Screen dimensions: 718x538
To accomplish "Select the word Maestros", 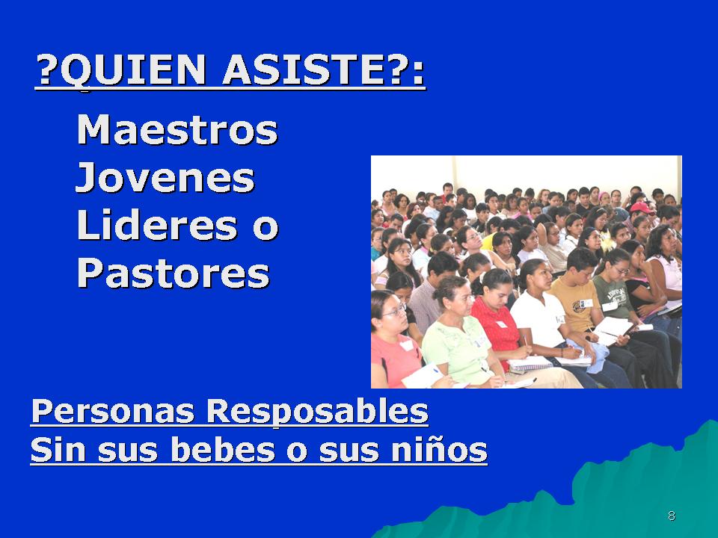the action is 177,130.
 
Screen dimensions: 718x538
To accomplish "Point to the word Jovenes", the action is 165,178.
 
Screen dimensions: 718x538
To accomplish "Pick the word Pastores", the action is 173,273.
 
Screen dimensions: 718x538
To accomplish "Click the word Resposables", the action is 317,412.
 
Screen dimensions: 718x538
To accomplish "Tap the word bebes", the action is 223,449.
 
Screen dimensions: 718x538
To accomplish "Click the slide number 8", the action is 672,516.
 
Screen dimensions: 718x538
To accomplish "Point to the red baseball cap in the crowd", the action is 642,208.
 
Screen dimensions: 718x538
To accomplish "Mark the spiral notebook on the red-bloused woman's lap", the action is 530,364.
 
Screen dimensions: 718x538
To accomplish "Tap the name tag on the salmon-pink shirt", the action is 407,346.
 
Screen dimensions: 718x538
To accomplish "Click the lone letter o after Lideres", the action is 266,227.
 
